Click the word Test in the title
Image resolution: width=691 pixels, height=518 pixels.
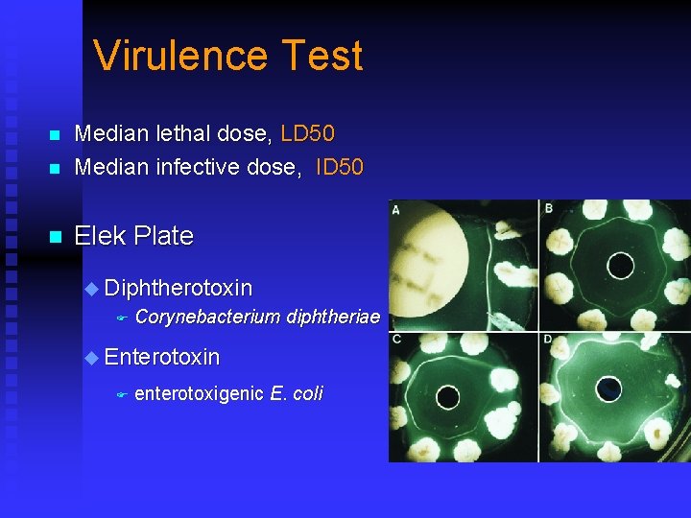tap(329, 56)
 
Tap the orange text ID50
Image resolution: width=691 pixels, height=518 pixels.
tap(339, 167)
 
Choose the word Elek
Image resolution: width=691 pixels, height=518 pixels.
tap(100, 236)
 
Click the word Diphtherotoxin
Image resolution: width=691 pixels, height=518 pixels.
tap(178, 288)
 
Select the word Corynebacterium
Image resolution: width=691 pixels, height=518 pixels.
tap(207, 318)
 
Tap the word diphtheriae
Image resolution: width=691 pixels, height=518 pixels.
tap(333, 318)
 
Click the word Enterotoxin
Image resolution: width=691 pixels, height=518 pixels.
tap(161, 358)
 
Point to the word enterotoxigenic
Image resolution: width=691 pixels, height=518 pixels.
tap(199, 393)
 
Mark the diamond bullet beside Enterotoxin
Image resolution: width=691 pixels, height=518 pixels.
tap(91, 359)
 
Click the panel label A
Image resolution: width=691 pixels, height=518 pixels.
tap(396, 209)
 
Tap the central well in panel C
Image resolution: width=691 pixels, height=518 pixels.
tap(447, 396)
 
